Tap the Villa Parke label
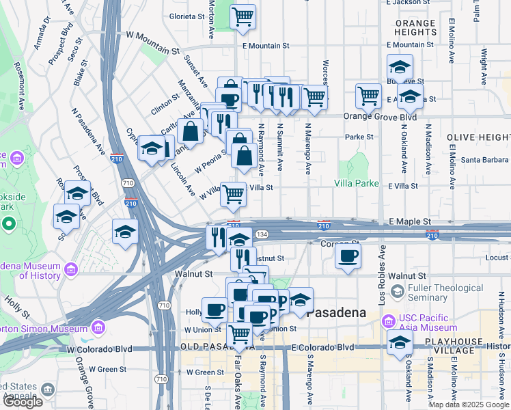tap(356, 183)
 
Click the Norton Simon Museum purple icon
tap(98, 326)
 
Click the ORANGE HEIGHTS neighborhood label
tap(415, 27)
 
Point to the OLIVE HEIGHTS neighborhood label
tap(478, 137)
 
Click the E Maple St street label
tap(410, 222)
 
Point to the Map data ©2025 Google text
tap(468, 405)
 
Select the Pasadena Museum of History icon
tap(70, 271)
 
